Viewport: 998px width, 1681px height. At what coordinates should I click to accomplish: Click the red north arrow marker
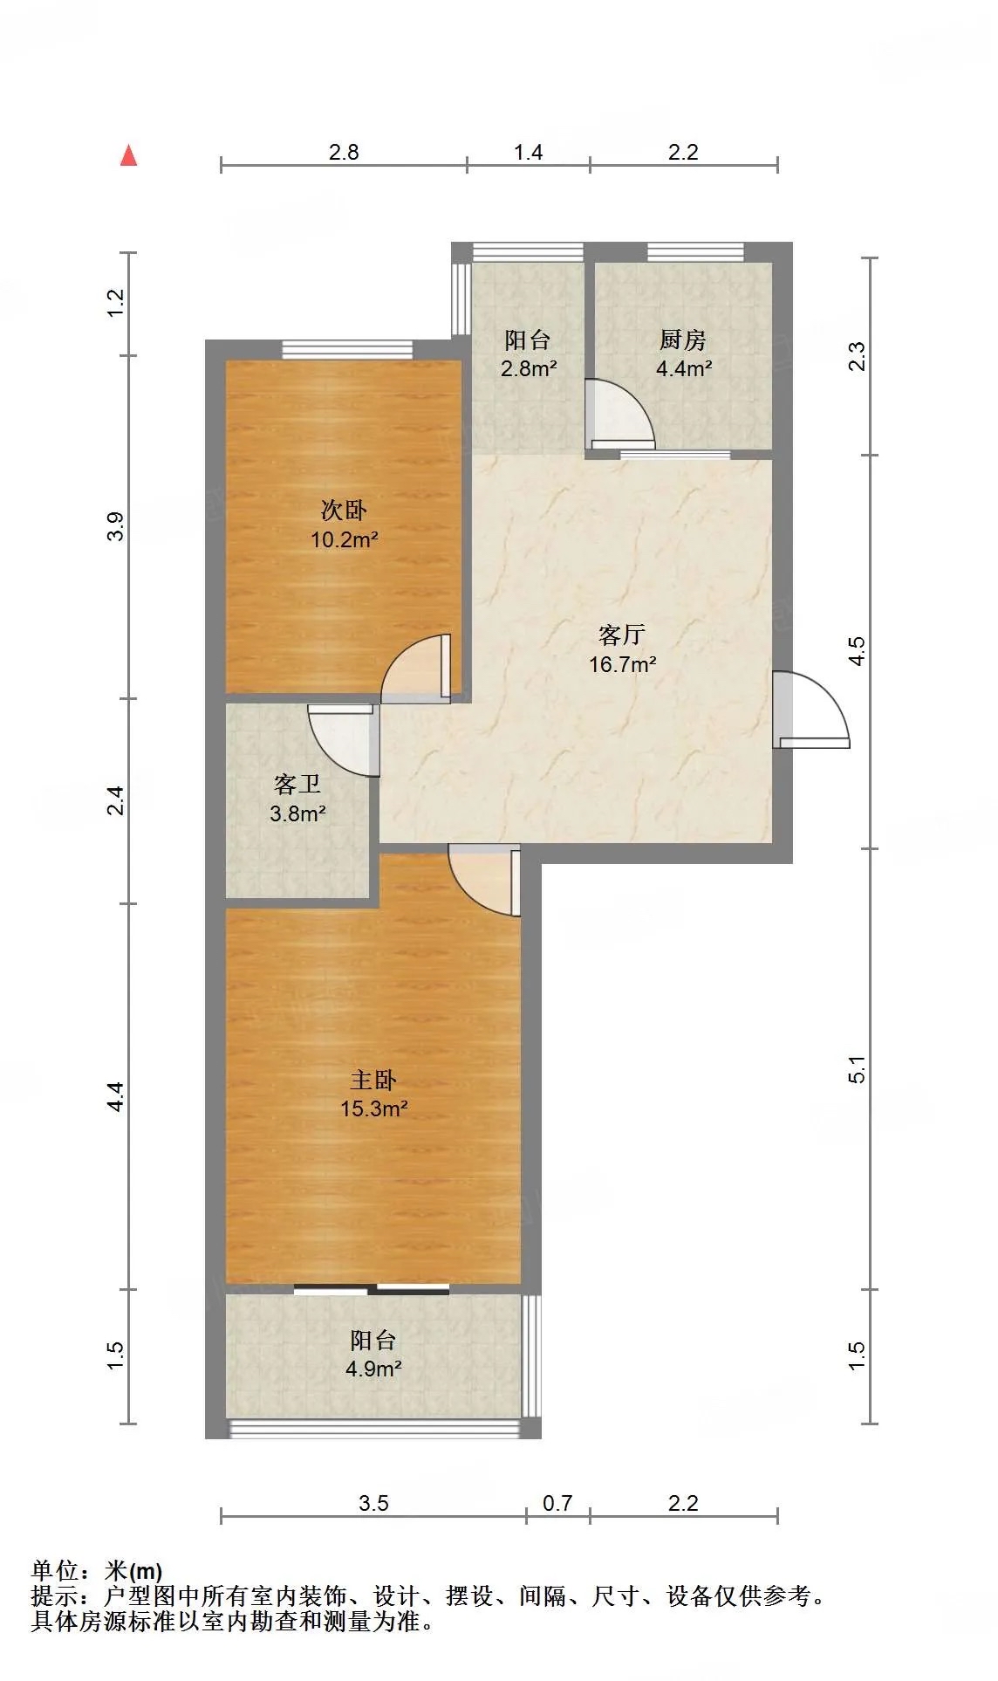pos(129,155)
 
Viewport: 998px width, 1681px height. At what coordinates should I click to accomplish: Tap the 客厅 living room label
pos(622,635)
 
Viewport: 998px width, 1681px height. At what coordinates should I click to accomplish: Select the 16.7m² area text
pos(622,664)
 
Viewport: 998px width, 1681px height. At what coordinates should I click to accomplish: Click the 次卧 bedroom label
pos(344,510)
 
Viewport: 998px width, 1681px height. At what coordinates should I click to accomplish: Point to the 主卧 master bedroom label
pos(373,1080)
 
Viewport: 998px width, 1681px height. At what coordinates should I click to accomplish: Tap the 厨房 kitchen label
pos(683,340)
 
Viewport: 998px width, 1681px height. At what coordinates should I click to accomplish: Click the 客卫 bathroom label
pos(297,785)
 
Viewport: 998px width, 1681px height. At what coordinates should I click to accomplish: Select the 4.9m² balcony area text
pos(373,1369)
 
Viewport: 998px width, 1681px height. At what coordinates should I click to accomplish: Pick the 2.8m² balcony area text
pos(528,368)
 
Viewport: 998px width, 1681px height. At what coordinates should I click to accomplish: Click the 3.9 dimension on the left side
pos(116,527)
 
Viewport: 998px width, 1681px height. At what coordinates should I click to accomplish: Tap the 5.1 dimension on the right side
pos(858,1069)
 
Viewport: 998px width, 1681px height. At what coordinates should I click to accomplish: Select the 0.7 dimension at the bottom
pos(557,1503)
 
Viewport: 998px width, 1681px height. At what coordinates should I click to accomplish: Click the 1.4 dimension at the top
pos(528,152)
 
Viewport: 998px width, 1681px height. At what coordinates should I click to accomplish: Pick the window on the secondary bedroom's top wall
pos(347,349)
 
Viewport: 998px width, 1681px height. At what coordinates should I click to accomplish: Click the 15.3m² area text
pos(374,1109)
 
